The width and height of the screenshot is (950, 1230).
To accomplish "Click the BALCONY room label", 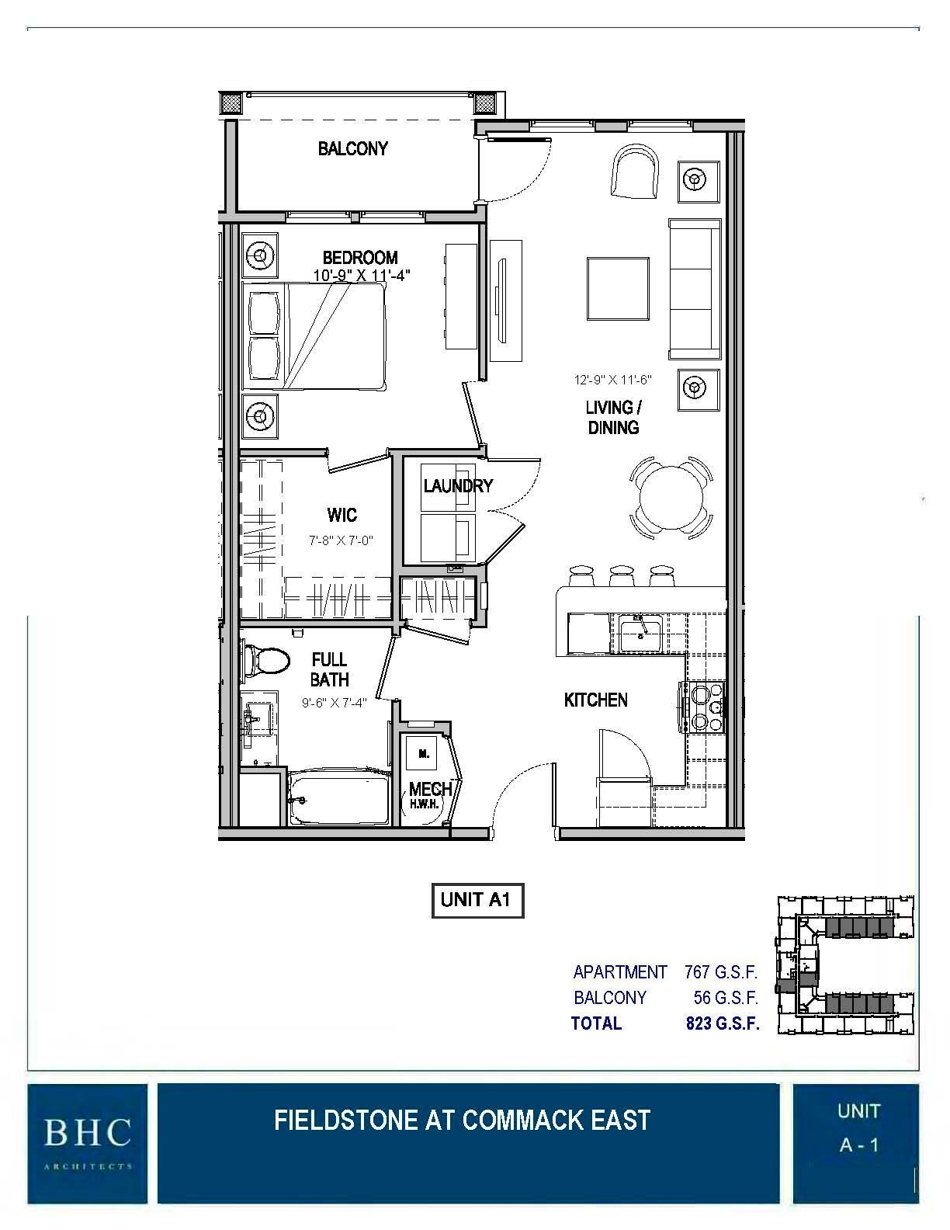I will click(x=352, y=148).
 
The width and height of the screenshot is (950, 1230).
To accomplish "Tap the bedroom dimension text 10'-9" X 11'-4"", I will click(x=361, y=275).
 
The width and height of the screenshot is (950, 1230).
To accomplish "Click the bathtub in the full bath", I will click(x=338, y=798).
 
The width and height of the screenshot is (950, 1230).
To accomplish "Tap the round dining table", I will click(x=673, y=497).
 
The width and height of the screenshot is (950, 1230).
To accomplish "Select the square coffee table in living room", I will click(x=618, y=289).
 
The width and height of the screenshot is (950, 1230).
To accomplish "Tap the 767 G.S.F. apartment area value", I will click(x=720, y=971).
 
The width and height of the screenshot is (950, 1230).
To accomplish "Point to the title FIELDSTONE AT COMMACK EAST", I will click(x=462, y=1121).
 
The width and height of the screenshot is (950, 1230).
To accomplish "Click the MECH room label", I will click(x=430, y=789).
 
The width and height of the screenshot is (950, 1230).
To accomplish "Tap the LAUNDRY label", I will click(x=458, y=486).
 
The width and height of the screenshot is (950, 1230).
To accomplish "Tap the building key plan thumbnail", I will click(x=846, y=966).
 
